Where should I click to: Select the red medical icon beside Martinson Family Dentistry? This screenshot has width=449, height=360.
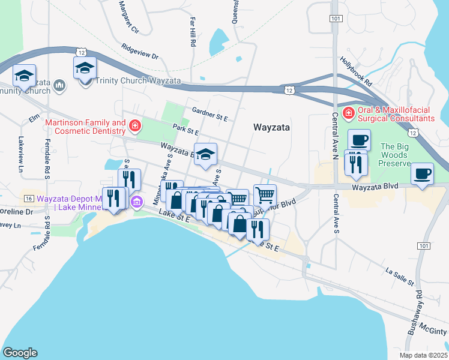(x=136, y=126)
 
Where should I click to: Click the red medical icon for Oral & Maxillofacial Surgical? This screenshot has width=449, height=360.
(x=348, y=113)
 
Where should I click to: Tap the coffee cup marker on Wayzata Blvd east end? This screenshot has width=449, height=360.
(x=423, y=174)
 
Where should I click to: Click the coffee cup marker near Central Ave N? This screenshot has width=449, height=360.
(x=359, y=141)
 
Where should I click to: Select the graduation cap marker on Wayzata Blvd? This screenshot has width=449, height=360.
(x=205, y=155)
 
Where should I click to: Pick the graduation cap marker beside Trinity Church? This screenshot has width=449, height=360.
(x=85, y=68)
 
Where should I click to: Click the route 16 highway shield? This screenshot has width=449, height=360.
(x=28, y=198)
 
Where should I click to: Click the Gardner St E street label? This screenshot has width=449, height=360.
(x=209, y=114)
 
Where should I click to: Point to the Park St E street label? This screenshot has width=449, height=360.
(x=185, y=130)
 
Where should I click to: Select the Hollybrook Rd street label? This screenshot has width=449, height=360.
(x=355, y=70)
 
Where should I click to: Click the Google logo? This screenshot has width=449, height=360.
(x=20, y=353)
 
